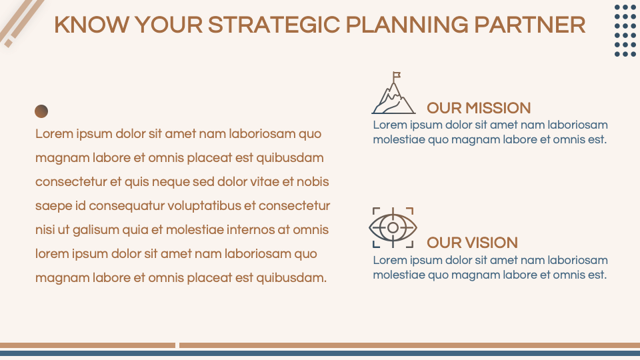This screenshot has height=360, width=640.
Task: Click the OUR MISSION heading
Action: pos(479,108)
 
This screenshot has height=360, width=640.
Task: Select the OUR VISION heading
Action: pos(472,243)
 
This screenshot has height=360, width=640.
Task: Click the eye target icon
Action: pos(393,228)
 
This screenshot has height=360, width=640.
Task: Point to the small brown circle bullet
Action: pos(41,111)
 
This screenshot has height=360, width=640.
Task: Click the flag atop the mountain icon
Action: pos(397,74)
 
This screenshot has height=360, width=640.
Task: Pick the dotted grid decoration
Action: pos(625,31)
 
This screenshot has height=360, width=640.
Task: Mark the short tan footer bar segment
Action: pos(87,345)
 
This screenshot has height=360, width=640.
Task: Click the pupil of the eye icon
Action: pos(393,228)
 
